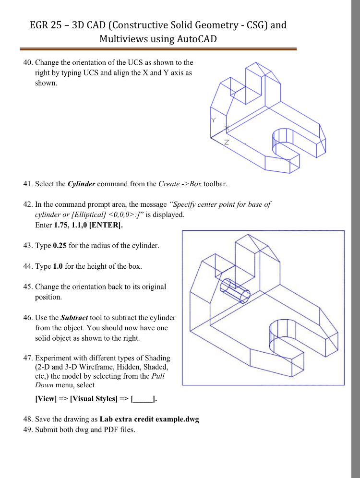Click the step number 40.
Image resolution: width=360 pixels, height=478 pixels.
[x=28, y=62]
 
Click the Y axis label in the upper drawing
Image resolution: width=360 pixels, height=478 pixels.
[x=214, y=119]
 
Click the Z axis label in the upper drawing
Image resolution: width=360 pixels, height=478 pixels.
[x=227, y=143]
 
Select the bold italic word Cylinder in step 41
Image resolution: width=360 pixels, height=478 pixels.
[x=81, y=184]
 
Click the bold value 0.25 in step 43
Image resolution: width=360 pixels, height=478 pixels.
[x=60, y=245]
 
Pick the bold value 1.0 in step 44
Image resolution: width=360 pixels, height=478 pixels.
[x=58, y=266]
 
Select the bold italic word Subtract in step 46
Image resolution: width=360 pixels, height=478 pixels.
[x=74, y=318]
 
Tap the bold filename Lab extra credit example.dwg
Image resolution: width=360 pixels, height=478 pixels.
[x=149, y=419]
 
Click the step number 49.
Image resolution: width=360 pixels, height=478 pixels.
[x=28, y=430]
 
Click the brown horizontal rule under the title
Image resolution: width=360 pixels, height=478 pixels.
[x=158, y=49]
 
